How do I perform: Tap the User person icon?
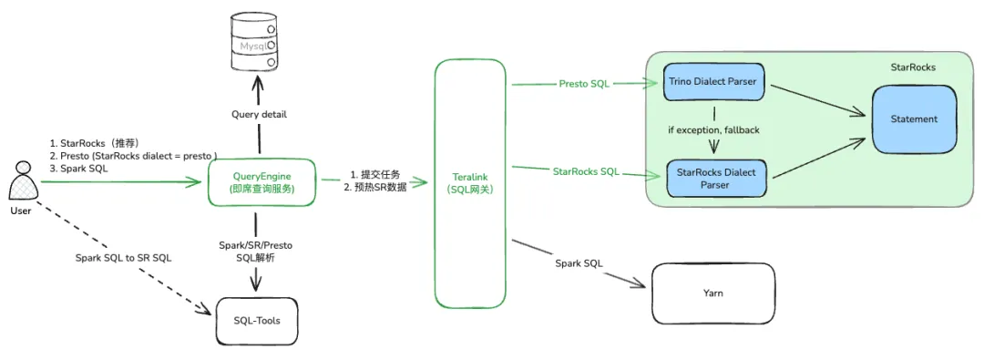pyautogui.click(x=23, y=181)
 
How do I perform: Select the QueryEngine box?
pyautogui.click(x=261, y=181)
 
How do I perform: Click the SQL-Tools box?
pyautogui.click(x=257, y=321)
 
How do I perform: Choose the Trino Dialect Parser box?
pyautogui.click(x=713, y=81)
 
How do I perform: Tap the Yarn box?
pyautogui.click(x=712, y=293)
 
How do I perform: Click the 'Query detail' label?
pyautogui.click(x=259, y=114)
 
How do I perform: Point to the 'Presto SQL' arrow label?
pyautogui.click(x=584, y=84)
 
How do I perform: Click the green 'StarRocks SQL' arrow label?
pyautogui.click(x=586, y=170)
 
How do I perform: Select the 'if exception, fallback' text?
pyautogui.click(x=713, y=130)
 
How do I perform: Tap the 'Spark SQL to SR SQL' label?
pyautogui.click(x=123, y=258)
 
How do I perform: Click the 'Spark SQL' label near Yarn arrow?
pyautogui.click(x=579, y=263)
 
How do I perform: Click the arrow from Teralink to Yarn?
pyautogui.click(x=578, y=263)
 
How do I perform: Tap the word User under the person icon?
pyautogui.click(x=21, y=211)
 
